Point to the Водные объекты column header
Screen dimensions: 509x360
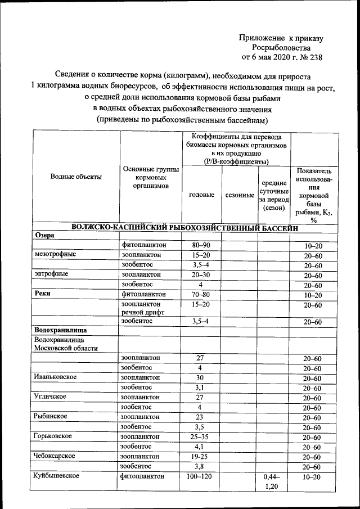[76, 177]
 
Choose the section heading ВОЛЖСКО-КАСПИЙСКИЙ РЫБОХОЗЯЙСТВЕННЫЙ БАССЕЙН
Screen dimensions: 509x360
[183, 227]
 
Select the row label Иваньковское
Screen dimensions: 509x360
[55, 377]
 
